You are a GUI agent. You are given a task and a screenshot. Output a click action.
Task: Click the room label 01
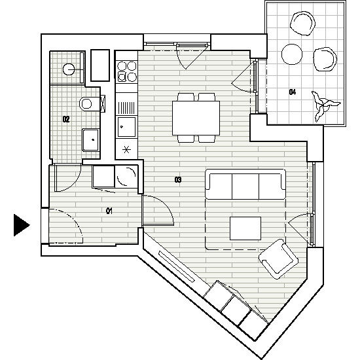[x=109, y=211]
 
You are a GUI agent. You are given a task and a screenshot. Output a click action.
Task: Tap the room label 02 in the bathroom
[x=66, y=119]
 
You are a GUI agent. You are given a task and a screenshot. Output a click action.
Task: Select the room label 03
[x=178, y=179]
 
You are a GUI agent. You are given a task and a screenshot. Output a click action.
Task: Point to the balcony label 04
[x=293, y=92]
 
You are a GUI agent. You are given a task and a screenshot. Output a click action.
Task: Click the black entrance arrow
[x=22, y=225]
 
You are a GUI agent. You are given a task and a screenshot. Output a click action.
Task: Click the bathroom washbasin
[x=91, y=140]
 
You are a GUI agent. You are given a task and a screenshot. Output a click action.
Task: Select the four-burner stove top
[x=127, y=71]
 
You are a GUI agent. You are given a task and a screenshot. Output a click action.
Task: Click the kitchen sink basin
[x=126, y=126]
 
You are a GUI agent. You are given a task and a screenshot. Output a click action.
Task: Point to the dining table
[x=196, y=118]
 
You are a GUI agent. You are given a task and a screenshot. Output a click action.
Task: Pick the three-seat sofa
[x=245, y=184]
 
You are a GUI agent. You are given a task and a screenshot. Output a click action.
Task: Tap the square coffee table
[x=245, y=228]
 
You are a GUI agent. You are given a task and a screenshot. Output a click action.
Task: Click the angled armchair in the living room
[x=278, y=259]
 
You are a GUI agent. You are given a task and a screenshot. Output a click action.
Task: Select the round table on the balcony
[x=292, y=54]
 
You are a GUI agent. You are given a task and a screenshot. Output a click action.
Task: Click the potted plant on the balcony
[x=325, y=105]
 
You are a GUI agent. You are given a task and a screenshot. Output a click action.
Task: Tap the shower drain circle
[x=69, y=69]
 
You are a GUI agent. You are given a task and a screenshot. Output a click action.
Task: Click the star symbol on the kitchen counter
[x=126, y=150]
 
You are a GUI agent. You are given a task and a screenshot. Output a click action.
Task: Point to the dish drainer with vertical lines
[x=126, y=108]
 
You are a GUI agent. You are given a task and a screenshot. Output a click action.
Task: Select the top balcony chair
[x=302, y=24]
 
